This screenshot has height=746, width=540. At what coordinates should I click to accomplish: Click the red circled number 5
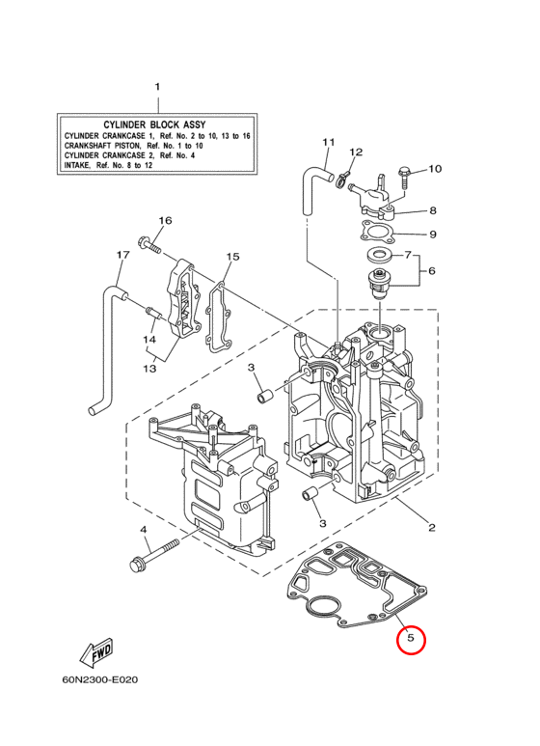[x=411, y=639]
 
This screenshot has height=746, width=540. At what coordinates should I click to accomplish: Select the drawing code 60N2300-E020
[x=100, y=679]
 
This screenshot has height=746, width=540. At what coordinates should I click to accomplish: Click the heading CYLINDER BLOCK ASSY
[x=154, y=125]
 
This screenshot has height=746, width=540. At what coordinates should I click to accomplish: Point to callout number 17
[x=123, y=255]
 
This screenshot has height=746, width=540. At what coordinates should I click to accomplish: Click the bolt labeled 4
[x=153, y=554]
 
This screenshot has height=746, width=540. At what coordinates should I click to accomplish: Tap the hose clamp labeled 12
[x=343, y=179]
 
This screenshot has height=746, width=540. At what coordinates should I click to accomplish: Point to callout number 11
[x=329, y=142]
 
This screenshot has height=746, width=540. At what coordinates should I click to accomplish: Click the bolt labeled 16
[x=149, y=244]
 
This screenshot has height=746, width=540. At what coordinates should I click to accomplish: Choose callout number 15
[x=232, y=257]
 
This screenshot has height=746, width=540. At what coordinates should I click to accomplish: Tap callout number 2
[x=431, y=527]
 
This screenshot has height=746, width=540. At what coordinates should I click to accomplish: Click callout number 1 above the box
[x=157, y=87]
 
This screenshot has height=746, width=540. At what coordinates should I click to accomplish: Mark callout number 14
[x=149, y=339]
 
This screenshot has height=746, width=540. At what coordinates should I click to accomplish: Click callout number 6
[x=432, y=271]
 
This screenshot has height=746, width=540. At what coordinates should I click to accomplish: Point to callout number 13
[x=149, y=369]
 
